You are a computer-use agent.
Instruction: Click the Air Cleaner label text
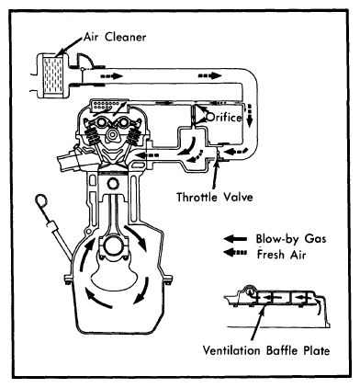[115, 37]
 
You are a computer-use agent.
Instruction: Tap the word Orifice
[224, 117]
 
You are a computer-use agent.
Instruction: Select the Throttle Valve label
[215, 197]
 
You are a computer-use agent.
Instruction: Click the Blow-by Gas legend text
[291, 239]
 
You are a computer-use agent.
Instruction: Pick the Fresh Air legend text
[281, 255]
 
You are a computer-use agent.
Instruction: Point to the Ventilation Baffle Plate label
[266, 350]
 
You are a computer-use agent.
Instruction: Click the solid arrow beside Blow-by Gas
[235, 239]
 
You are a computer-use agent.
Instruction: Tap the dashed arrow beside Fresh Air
[235, 253]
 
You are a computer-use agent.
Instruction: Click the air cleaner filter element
[53, 76]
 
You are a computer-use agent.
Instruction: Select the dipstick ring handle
[41, 201]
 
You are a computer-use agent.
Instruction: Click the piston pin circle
[113, 185]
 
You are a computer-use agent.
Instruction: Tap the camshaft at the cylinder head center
[113, 134]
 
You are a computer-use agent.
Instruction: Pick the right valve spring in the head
[134, 135]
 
